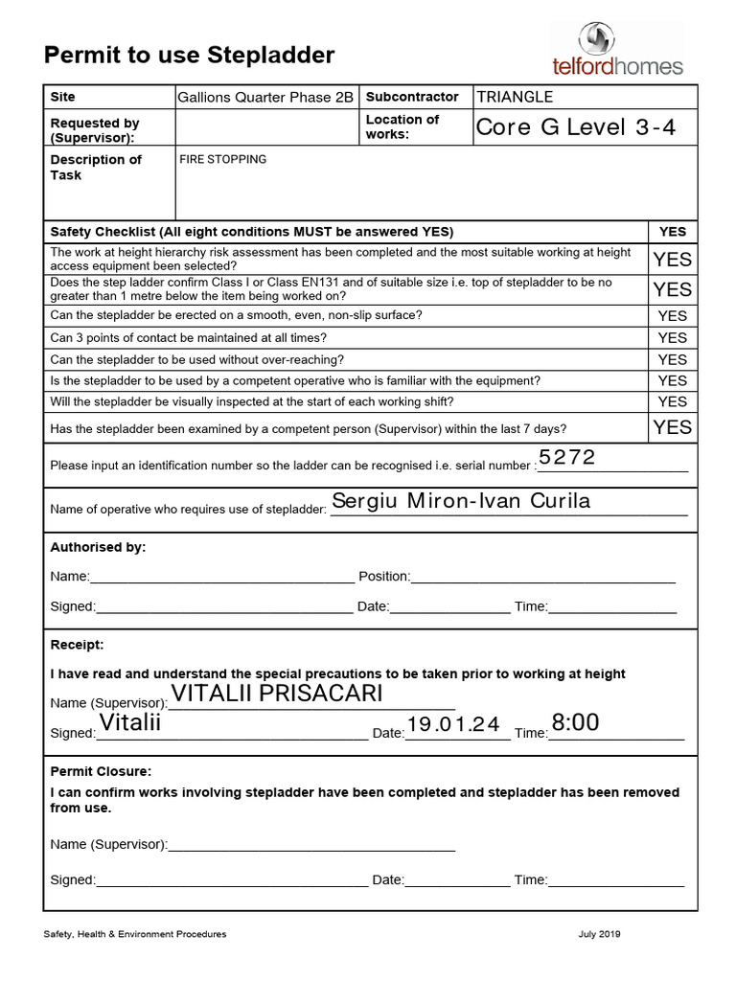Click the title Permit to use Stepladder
[189, 56]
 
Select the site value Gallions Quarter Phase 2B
[265, 98]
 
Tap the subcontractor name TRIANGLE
[515, 97]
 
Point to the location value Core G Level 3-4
[575, 127]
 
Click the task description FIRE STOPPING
[222, 159]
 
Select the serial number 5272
[567, 458]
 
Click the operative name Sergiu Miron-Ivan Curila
[460, 501]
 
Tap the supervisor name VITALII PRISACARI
[277, 694]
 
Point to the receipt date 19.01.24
[453, 725]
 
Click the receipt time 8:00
[575, 723]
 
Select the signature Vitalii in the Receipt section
[130, 723]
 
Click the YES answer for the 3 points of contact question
[672, 337]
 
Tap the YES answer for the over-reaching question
[672, 359]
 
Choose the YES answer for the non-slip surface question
[672, 315]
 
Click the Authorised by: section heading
[98, 547]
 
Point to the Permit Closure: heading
[101, 771]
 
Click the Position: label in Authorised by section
[383, 577]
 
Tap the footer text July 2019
[599, 934]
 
